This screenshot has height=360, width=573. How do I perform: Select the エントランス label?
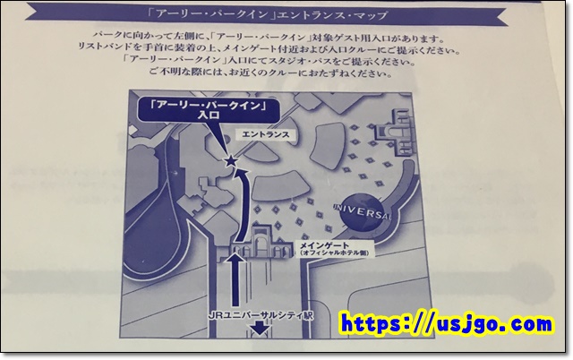[266, 134]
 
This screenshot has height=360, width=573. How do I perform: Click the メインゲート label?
[324, 245]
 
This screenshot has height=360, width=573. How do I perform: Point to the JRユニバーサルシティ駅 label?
[261, 315]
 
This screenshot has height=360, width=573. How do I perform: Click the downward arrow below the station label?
[260, 328]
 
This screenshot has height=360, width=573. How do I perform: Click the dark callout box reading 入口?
[209, 110]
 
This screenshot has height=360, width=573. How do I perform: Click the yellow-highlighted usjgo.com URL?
[447, 324]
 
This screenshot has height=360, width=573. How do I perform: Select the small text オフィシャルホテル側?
[334, 253]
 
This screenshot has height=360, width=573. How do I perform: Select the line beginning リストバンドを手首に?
[269, 50]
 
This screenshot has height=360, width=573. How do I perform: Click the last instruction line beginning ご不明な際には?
[270, 73]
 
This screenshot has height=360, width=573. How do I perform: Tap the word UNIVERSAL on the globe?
[362, 211]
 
